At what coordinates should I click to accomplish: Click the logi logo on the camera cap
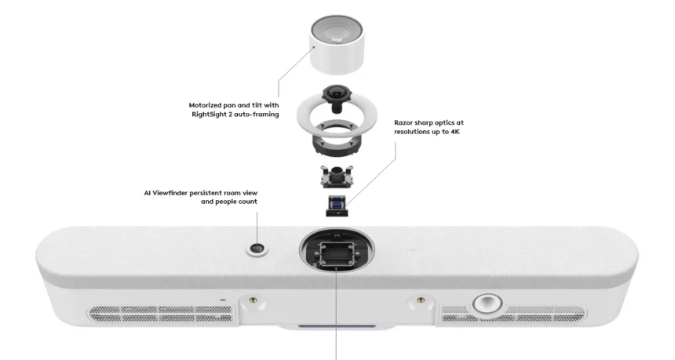pos(336,41)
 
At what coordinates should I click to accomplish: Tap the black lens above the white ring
pos(336,95)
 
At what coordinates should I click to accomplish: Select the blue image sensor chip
pos(336,202)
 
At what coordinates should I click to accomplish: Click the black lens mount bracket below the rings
pos(337,176)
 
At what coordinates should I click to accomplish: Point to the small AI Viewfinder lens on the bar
pos(257,248)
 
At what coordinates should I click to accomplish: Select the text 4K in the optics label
pos(455,132)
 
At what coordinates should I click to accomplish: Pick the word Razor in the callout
pos(403,122)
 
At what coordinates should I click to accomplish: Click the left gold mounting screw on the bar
pos(252,300)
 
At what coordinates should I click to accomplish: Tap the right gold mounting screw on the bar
pos(421,300)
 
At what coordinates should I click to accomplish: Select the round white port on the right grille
pos(487,304)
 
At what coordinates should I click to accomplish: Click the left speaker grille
pos(162,314)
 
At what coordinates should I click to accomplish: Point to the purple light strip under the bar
pos(337,326)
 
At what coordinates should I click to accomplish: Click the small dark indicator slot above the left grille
pos(223,300)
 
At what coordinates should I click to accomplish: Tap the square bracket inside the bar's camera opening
pos(337,254)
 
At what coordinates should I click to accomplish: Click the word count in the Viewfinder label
pos(248,202)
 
